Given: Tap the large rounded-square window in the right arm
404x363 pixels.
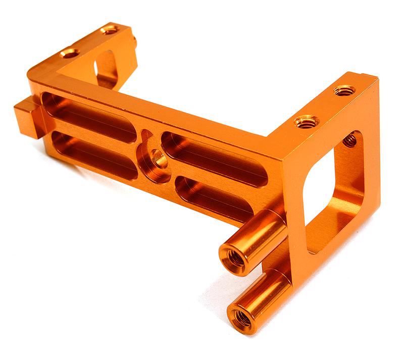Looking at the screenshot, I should coord(333,194).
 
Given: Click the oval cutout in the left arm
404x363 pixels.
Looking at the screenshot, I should coord(106,68).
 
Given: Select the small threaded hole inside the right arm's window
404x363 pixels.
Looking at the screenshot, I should coord(349,139).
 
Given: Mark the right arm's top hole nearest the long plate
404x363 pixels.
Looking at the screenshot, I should coord(307,121).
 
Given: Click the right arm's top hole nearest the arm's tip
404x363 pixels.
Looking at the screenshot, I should coord(344,90).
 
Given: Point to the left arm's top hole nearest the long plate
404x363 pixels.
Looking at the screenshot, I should coord(70,53).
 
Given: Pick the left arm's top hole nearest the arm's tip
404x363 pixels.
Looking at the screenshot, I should coord(109,30).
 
